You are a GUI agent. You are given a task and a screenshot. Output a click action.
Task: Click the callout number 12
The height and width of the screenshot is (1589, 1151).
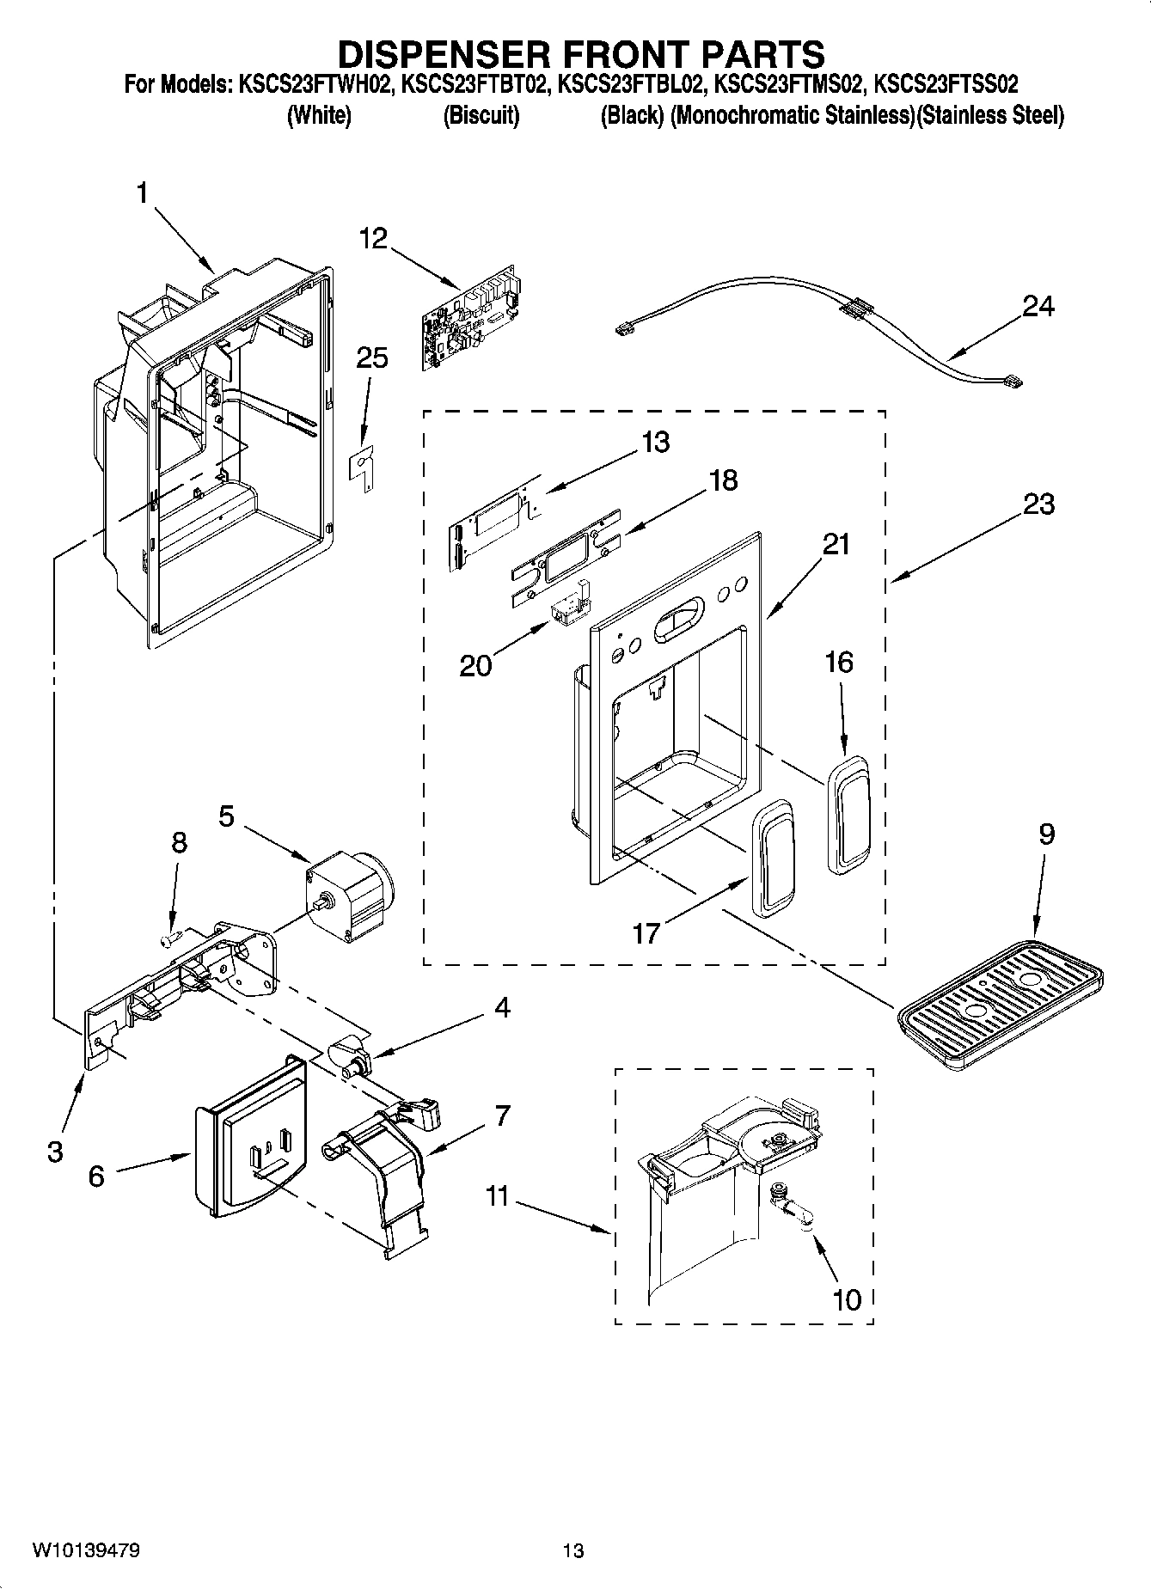tap(373, 238)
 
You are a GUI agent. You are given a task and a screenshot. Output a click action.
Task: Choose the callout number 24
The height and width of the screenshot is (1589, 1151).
tap(1038, 306)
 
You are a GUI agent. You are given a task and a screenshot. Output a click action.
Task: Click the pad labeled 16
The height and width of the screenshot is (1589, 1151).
tap(848, 814)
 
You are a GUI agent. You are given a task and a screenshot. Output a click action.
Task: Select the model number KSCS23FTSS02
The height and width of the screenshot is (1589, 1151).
tap(946, 85)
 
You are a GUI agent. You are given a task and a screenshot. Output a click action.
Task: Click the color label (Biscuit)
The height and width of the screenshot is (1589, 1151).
tap(481, 115)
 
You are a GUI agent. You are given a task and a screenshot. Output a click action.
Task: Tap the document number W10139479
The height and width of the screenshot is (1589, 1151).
tap(86, 1550)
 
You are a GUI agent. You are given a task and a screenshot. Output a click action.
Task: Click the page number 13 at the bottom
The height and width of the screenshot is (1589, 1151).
tap(573, 1550)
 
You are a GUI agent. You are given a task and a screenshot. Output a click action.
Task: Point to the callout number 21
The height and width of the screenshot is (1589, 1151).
tap(836, 544)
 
